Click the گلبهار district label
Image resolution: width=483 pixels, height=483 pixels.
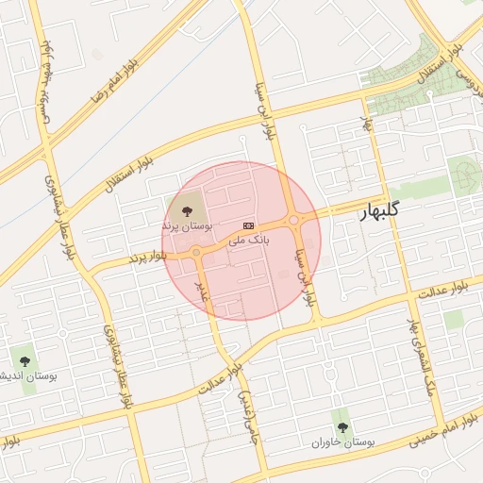379,212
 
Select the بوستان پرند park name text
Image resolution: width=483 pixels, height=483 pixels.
188,226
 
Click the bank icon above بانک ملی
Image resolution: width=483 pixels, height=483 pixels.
249,225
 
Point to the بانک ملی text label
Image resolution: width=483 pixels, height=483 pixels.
250,241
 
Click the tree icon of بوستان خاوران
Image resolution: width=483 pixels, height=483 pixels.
341,427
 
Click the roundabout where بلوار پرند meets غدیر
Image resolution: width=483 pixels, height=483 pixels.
196,252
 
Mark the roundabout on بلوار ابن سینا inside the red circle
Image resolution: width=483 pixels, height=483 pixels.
294,221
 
